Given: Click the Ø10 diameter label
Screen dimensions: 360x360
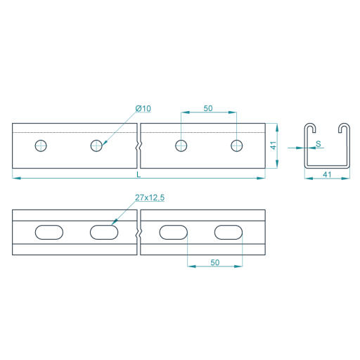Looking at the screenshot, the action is click(143, 108).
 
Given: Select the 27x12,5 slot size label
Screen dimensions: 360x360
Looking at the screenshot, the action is click(150, 198).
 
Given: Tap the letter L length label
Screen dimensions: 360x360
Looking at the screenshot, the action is click(139, 174).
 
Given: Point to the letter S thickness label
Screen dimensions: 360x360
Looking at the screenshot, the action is click(319, 143).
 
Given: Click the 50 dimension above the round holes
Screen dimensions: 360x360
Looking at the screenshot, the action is click(208, 108).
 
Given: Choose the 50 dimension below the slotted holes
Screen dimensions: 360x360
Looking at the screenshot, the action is click(215, 262).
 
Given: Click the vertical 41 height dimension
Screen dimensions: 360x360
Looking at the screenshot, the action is click(274, 146).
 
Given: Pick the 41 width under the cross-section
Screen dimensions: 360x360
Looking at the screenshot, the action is click(327, 174).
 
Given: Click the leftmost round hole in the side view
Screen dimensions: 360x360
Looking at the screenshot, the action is click(41, 146).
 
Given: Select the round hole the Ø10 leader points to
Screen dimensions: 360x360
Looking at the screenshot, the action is click(96, 146).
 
